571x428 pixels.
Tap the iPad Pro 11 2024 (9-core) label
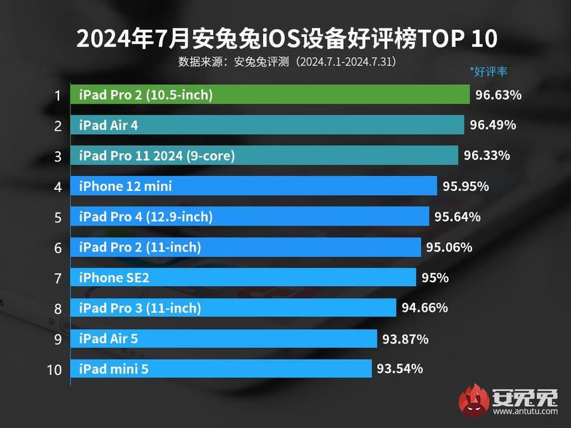pos(157,156)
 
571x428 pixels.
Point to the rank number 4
pos(58,187)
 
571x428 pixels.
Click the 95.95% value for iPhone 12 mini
pos(465,186)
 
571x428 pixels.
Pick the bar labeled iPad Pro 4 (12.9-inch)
pos(250,217)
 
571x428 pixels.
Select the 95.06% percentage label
pos(449,248)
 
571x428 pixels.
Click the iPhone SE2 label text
pos(114,278)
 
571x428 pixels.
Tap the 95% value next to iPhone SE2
pos(435,278)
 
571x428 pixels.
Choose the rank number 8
pos(58,309)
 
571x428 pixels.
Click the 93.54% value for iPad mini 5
pos(400,369)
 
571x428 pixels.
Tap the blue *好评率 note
pos(488,72)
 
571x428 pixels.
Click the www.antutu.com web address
pos(525,411)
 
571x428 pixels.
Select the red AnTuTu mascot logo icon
pos(473,399)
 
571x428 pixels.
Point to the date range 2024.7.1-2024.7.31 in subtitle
pos(345,62)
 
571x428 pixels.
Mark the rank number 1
pos(58,96)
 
